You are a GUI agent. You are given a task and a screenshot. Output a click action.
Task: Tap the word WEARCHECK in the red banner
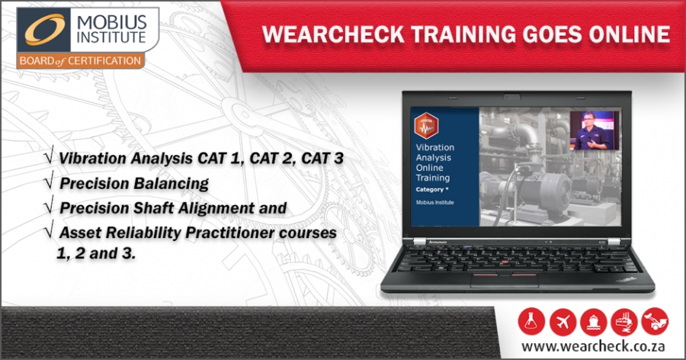333,34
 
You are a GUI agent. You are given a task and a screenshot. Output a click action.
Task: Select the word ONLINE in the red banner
630,34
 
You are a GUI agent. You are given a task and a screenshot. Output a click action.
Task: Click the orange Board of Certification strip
80,61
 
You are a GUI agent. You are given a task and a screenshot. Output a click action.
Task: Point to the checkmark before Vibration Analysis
49,156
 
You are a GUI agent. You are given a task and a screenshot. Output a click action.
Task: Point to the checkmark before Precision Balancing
49,181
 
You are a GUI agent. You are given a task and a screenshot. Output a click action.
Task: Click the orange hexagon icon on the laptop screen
426,126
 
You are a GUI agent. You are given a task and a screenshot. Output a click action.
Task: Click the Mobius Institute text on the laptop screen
435,202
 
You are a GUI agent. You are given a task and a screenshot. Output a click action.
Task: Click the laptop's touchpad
505,281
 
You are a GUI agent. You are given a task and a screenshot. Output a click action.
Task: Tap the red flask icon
531,321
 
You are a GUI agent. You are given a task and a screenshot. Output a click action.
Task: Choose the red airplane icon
563,321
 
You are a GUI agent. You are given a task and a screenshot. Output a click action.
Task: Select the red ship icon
593,321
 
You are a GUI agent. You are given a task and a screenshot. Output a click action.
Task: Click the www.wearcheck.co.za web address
593,346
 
